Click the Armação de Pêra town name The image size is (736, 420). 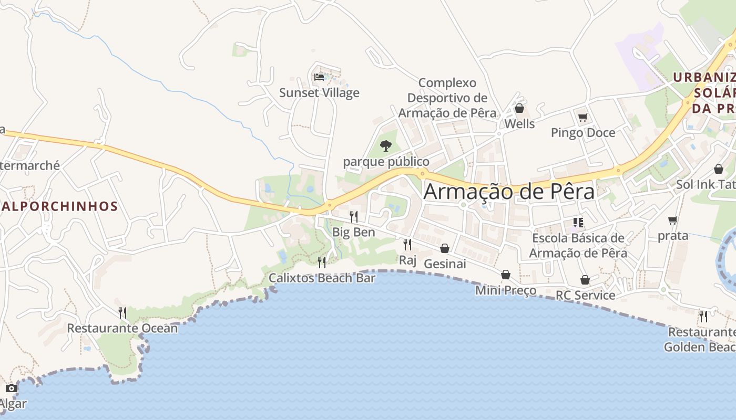point(509,191)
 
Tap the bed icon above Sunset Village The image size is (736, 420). point(319,77)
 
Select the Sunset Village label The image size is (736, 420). point(319,93)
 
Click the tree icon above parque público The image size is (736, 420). point(386,146)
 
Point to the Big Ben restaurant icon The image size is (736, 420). point(354,216)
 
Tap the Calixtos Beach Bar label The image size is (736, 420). point(322,278)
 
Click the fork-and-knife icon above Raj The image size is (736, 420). point(407,244)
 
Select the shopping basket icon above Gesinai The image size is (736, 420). point(445,248)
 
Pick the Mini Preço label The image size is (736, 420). point(505,290)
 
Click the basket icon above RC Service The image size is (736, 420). point(585,280)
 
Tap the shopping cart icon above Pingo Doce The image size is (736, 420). point(582,117)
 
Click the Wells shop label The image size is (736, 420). point(519,124)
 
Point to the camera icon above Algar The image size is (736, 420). point(12,388)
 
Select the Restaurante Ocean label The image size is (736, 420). point(122,329)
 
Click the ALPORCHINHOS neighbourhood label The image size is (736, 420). point(59,206)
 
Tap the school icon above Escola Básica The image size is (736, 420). point(578,223)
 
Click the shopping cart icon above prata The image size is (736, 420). point(672,220)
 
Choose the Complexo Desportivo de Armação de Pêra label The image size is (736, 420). point(447,98)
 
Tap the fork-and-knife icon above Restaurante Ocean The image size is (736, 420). point(122,313)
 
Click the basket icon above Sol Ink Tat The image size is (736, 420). point(718,169)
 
